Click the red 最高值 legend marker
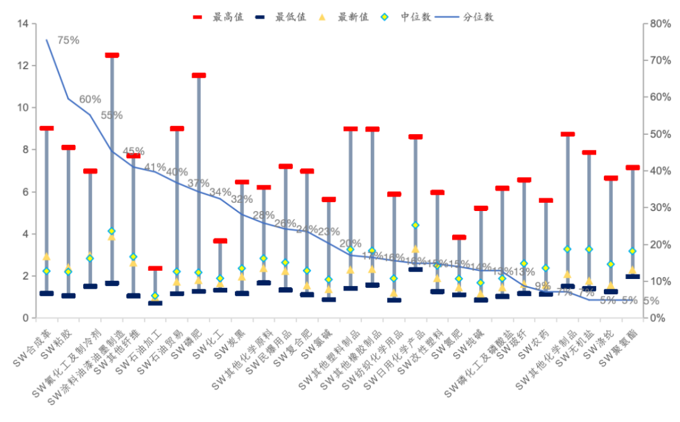197,18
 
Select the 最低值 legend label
291,18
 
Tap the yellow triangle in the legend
322,18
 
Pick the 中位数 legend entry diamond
385,18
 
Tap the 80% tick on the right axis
659,24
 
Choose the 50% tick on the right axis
659,134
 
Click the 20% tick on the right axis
659,244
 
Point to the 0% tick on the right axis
657,318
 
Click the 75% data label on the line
68,40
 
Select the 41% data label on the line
155,167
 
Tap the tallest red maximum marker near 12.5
112,55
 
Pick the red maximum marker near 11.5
199,76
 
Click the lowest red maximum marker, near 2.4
156,268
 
